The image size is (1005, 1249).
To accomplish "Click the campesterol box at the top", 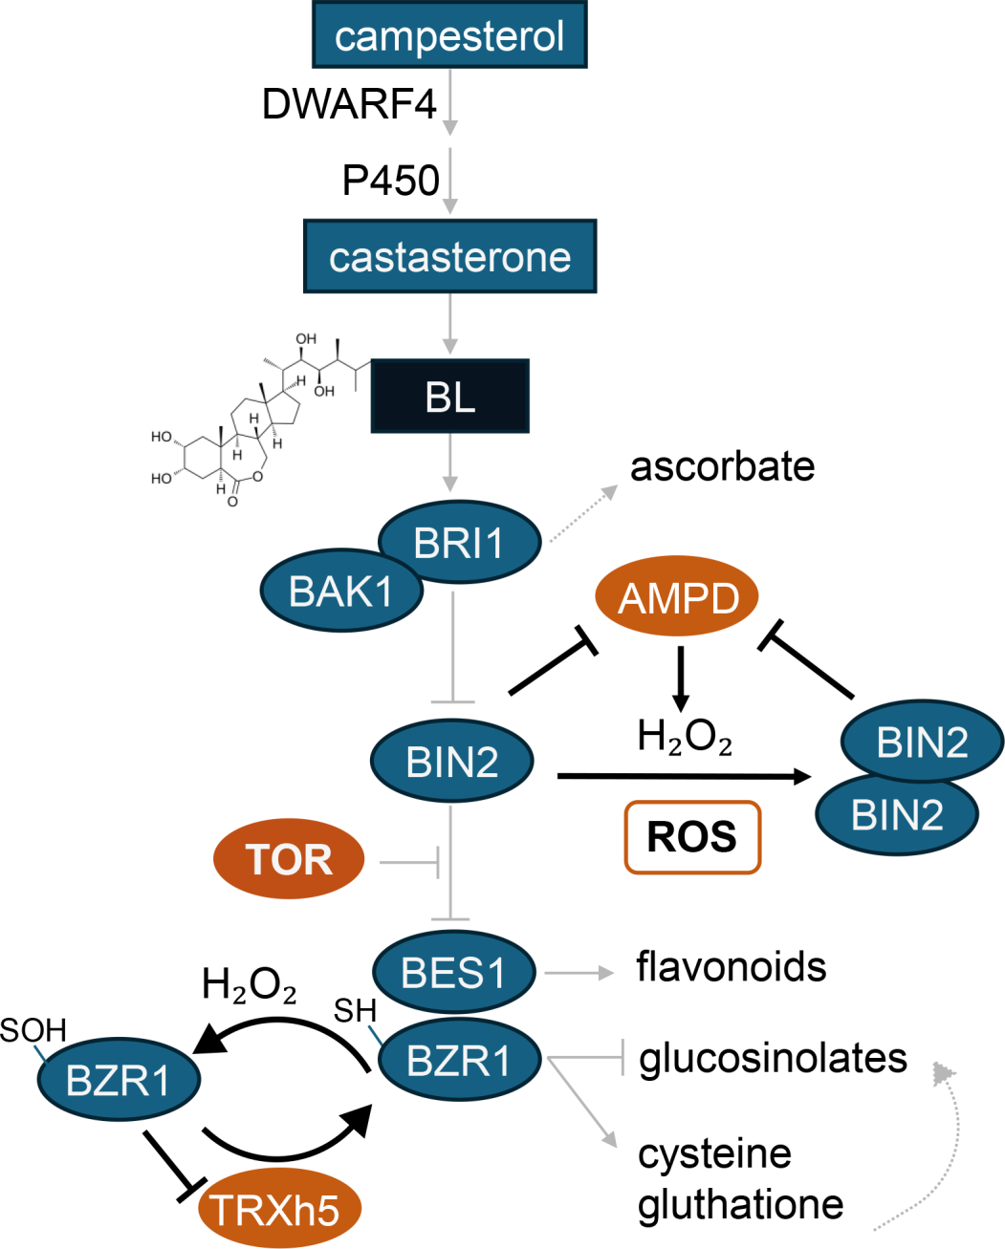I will pos(449,35).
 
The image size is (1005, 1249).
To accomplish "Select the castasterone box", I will pos(449,256).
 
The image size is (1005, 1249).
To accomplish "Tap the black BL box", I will pos(449,396).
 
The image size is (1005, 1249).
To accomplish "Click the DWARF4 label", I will pos(349,103).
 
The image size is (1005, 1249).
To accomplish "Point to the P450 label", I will pos(390,180).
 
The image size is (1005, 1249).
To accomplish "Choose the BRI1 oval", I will pos(460,542).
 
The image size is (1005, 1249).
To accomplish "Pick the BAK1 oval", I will pos(341,592).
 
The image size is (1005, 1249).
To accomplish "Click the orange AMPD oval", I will pos(677,598).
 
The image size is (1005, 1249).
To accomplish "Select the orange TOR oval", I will pos(289,859).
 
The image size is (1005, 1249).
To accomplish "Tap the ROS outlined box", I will pos(692,837).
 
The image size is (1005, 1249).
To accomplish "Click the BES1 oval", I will pos(453,973).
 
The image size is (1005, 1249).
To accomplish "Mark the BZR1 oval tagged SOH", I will pos(119,1080).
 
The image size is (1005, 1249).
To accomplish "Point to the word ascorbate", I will pos(722,466).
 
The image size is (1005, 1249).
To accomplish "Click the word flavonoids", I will pos(732,966).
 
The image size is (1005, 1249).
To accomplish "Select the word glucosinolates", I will pos(773,1058).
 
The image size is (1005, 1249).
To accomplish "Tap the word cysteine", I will pos(714,1153).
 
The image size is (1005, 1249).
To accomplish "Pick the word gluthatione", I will pos(740,1204).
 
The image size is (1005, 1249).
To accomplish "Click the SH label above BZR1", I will pos(355,1010).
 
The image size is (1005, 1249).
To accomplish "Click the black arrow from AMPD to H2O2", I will pos(680,678).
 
